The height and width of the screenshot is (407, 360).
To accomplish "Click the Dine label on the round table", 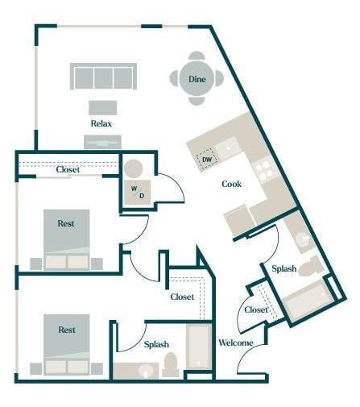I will click(x=197, y=79).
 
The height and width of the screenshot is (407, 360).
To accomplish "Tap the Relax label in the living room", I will click(x=102, y=124).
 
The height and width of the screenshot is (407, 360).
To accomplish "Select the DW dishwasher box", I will click(x=207, y=159).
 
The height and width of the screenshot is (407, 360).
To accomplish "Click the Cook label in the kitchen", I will click(x=232, y=184).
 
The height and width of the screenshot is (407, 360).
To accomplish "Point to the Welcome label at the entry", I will click(x=236, y=343).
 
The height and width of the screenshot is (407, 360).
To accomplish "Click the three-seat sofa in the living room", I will click(x=102, y=77).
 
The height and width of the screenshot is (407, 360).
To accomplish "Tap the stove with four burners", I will click(x=263, y=168).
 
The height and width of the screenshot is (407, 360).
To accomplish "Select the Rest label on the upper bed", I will click(x=67, y=223).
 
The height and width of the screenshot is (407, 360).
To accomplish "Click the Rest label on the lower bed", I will click(x=67, y=330).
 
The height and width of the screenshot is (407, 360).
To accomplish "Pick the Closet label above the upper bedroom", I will click(x=67, y=169).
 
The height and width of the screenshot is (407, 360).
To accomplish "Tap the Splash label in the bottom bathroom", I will click(x=155, y=344).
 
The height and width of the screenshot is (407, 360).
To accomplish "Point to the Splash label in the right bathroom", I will click(x=283, y=268).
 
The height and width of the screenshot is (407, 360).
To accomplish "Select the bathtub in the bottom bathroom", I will click(x=198, y=347).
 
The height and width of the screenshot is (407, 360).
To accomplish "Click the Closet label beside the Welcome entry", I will click(x=256, y=309).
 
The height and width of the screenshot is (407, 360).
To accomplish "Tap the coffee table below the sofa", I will click(x=102, y=106).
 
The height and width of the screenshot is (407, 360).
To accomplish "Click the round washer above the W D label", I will click(x=132, y=170).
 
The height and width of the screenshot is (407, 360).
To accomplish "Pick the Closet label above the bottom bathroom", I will click(x=182, y=297).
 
